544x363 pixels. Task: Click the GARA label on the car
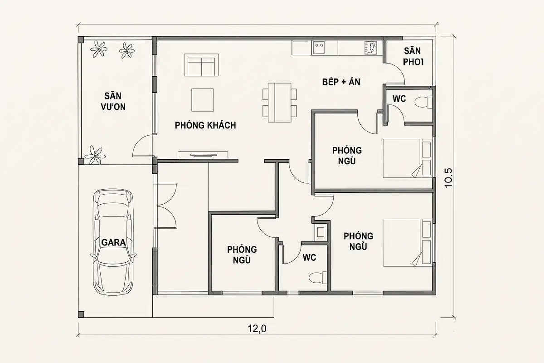[x=113, y=243]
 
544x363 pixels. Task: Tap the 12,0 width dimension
[x=257, y=329]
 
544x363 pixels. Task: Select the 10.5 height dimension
[x=448, y=178]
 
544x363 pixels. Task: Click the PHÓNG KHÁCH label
[x=205, y=125]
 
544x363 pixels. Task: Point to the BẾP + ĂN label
[x=341, y=82]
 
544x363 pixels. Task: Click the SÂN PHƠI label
[x=413, y=57]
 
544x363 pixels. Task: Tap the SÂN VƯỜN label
[x=113, y=101]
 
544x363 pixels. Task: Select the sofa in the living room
[x=201, y=65]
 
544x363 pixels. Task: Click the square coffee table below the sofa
[x=203, y=100]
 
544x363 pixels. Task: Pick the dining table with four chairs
[x=280, y=103]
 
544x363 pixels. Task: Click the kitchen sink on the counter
[x=319, y=47]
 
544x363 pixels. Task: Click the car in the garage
[x=113, y=242]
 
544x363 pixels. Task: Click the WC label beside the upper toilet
[x=399, y=99]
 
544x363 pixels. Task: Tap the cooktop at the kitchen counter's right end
[x=370, y=48]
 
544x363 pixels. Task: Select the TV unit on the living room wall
[x=203, y=155]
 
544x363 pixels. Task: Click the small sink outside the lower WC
[x=321, y=232]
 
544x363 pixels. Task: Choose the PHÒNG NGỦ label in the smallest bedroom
[x=242, y=255]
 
